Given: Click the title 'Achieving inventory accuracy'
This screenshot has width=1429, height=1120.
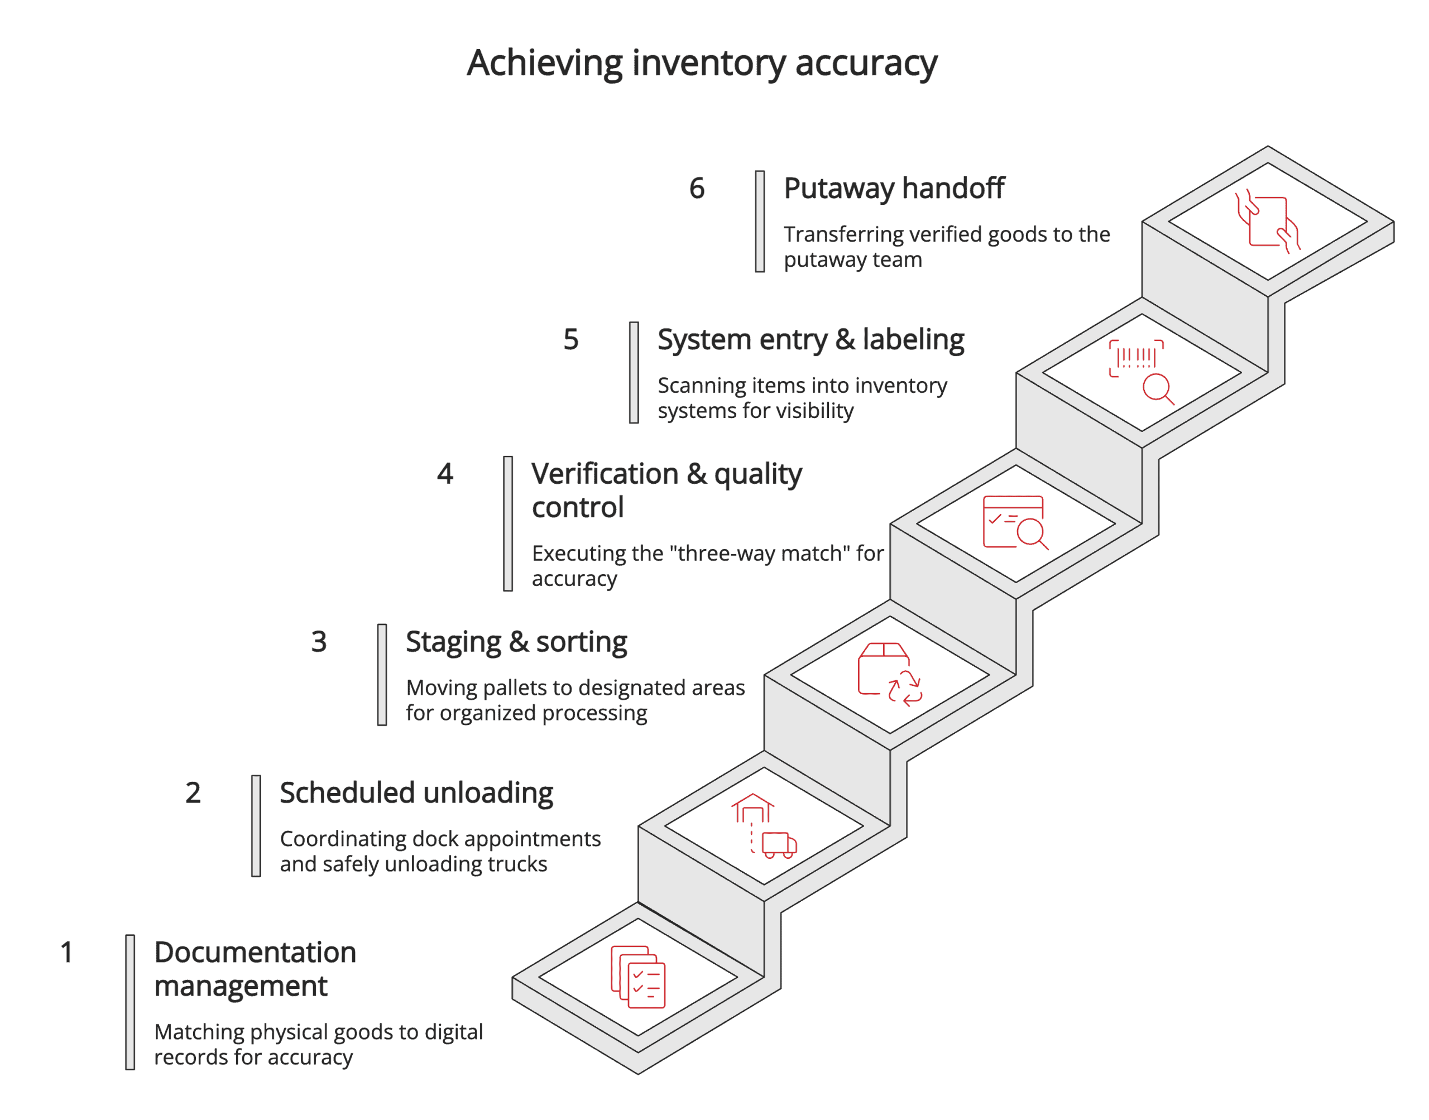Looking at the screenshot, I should coord(701,64).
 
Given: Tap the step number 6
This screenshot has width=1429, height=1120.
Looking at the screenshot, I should coord(697,189).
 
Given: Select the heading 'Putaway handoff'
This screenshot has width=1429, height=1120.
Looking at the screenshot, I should coord(893,189).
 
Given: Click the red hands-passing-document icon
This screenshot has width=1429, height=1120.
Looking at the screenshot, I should coord(1267,222).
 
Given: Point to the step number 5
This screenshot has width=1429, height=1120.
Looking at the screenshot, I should coord(570,340).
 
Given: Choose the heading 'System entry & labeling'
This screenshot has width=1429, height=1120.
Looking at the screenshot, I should coord(810,340).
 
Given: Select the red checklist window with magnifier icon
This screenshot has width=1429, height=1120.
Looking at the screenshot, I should coord(1014,523).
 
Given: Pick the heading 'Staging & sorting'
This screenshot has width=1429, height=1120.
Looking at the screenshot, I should coord(516,642).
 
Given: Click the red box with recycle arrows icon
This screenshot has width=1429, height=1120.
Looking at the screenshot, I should coord(889,674).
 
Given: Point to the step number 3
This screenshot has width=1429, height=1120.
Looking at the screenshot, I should coord(319,642).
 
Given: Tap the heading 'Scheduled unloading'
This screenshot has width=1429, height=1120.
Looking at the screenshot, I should coord(416,793).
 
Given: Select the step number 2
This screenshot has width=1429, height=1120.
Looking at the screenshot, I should coord(193,793).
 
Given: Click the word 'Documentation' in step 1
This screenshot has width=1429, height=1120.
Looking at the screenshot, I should coord(255,952).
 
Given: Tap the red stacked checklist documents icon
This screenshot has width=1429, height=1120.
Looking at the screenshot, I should coord(637,977).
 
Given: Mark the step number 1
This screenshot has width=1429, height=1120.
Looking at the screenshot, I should coord(66,952).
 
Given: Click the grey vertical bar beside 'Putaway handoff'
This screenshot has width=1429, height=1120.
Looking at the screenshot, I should coord(759,222).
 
